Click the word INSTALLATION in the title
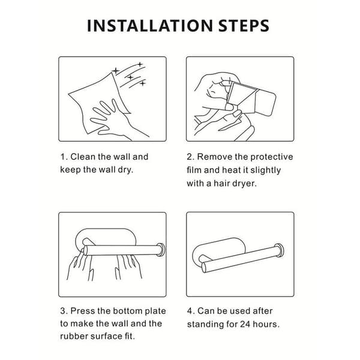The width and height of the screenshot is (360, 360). (150, 25)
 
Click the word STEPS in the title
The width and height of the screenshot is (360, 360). (244, 25)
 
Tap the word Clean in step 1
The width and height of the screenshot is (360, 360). (83, 157)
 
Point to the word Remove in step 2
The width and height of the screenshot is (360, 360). (215, 157)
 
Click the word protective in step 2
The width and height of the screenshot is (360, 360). (272, 157)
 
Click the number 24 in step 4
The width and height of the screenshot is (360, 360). (245, 324)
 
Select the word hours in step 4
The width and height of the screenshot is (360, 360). (266, 324)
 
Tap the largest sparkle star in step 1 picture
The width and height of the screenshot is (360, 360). (116, 71)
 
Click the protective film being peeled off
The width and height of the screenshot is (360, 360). (241, 94)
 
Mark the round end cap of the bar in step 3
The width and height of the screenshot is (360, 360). (161, 250)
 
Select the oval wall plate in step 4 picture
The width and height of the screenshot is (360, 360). (219, 251)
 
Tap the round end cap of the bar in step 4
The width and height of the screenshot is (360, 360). (280, 250)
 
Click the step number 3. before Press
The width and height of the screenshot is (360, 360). (64, 311)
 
